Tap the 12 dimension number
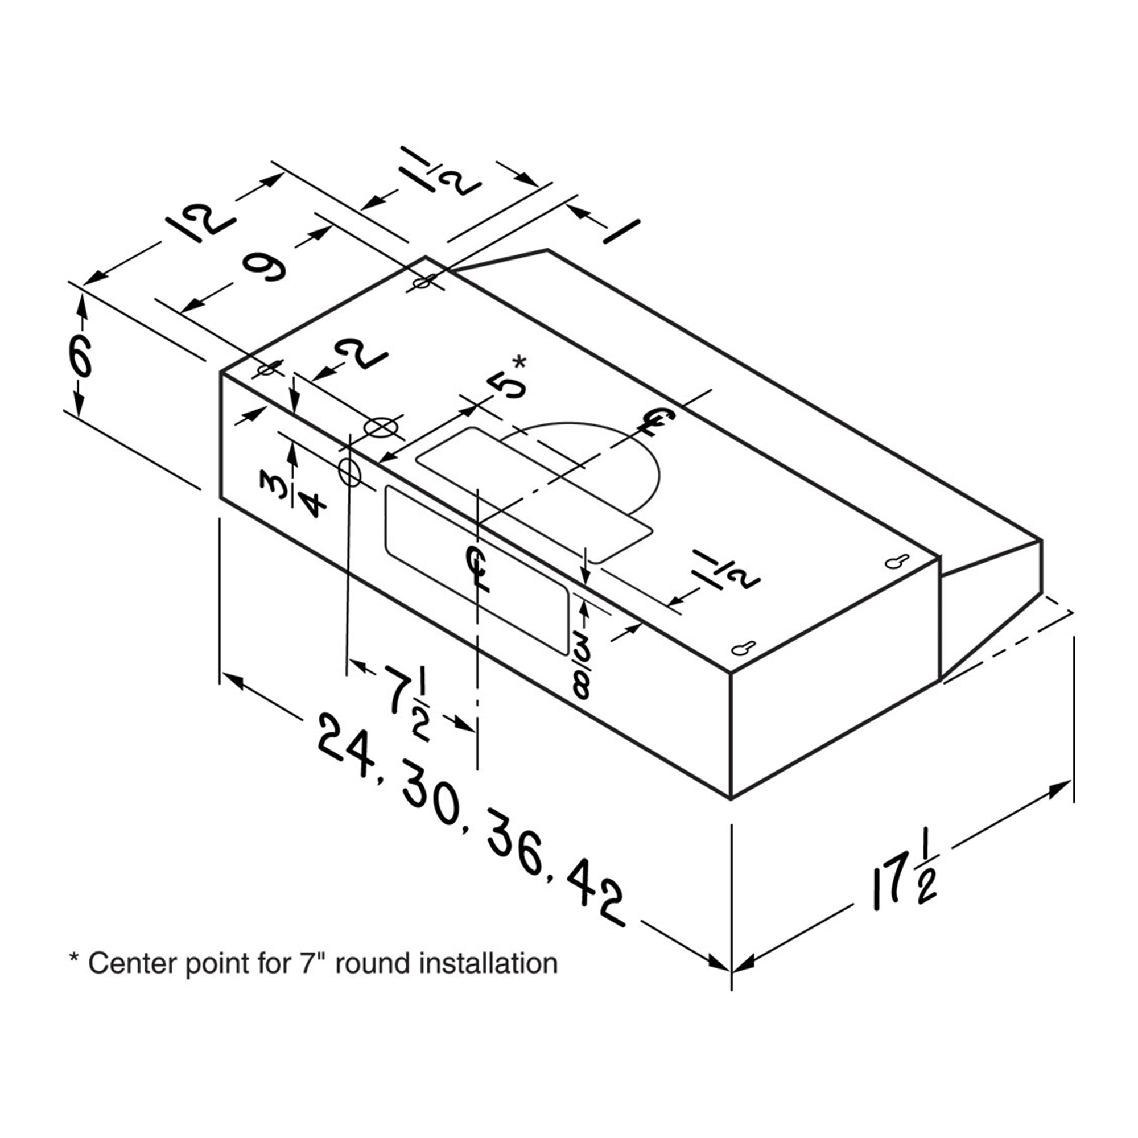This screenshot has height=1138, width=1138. (x=200, y=224)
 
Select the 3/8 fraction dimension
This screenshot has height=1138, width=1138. (x=581, y=669)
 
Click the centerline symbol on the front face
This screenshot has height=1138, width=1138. (x=478, y=568)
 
